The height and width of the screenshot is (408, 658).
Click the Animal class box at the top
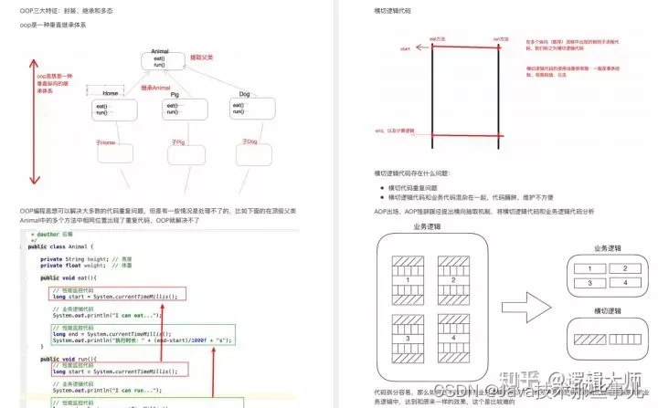click(159, 60)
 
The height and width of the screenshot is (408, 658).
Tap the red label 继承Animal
click(155, 87)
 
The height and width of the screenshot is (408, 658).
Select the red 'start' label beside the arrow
click(404, 47)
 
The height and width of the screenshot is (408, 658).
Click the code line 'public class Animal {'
click(62, 246)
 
